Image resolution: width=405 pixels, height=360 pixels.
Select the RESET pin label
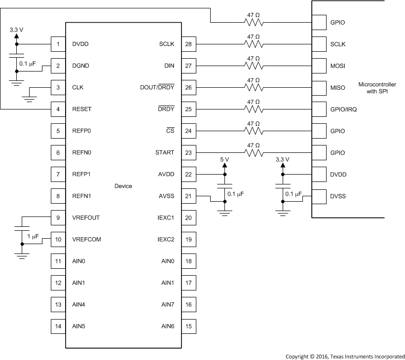pos(81,109)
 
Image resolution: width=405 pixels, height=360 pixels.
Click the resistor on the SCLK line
pos(254,44)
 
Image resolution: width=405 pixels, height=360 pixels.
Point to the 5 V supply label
pos(225,160)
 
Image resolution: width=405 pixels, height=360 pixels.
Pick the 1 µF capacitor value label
pos(33,237)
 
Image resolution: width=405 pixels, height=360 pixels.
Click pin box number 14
pos(58,326)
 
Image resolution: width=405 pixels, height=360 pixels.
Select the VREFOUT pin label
pos(86,218)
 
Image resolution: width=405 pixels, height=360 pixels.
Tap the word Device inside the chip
pos(123,186)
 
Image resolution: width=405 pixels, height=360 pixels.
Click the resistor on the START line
pos(254,153)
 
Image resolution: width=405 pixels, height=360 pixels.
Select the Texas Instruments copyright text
pos(345,356)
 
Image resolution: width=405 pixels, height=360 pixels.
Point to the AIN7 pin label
pos(168,305)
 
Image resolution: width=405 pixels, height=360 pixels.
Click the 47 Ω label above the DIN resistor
pos(254,58)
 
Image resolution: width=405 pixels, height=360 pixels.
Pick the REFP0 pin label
pos(81,131)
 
